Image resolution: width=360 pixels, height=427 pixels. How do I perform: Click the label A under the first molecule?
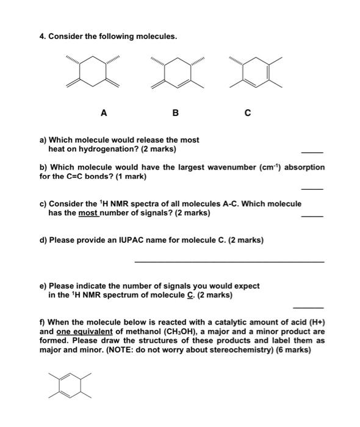[104, 113]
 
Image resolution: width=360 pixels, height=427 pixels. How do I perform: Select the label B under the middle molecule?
[176, 113]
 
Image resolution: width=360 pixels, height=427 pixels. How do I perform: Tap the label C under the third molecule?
[247, 113]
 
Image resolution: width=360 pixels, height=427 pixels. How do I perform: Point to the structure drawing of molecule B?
[176, 73]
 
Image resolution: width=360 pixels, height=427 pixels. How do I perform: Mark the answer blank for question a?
[312, 152]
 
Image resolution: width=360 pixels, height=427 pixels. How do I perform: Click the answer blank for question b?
[312, 188]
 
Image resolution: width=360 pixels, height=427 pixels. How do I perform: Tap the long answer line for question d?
[229, 262]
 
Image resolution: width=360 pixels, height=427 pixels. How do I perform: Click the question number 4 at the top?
[41, 36]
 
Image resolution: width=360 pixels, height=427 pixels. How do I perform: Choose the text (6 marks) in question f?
[293, 350]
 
